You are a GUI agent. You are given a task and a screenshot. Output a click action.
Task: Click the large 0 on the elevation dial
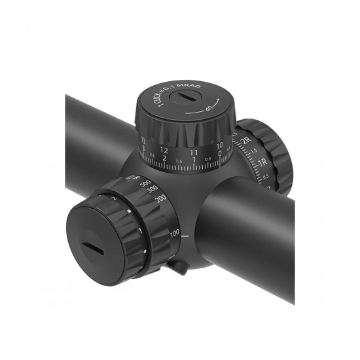coord(220,156)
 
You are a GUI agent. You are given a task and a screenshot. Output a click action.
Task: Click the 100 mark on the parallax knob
coord(175,233)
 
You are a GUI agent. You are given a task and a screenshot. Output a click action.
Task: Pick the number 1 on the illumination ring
coord(140,231)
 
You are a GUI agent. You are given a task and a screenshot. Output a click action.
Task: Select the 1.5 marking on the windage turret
coord(254,151)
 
